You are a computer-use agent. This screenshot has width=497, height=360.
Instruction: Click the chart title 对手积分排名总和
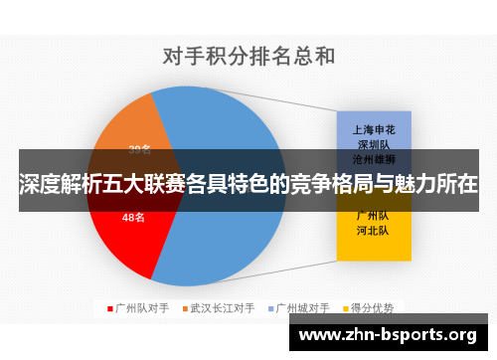[248, 56]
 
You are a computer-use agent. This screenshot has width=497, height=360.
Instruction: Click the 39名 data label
[139, 150]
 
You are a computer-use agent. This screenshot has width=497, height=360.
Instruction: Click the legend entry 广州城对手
[309, 308]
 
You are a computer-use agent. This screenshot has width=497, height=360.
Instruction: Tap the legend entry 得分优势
[381, 308]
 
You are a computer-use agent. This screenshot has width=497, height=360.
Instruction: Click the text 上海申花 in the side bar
[373, 128]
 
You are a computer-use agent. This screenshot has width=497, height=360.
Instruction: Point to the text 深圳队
[373, 143]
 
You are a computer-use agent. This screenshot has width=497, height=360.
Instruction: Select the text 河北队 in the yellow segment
[373, 230]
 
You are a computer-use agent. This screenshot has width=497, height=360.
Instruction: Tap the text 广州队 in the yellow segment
[373, 215]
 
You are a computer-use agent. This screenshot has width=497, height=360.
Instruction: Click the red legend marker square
[109, 308]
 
